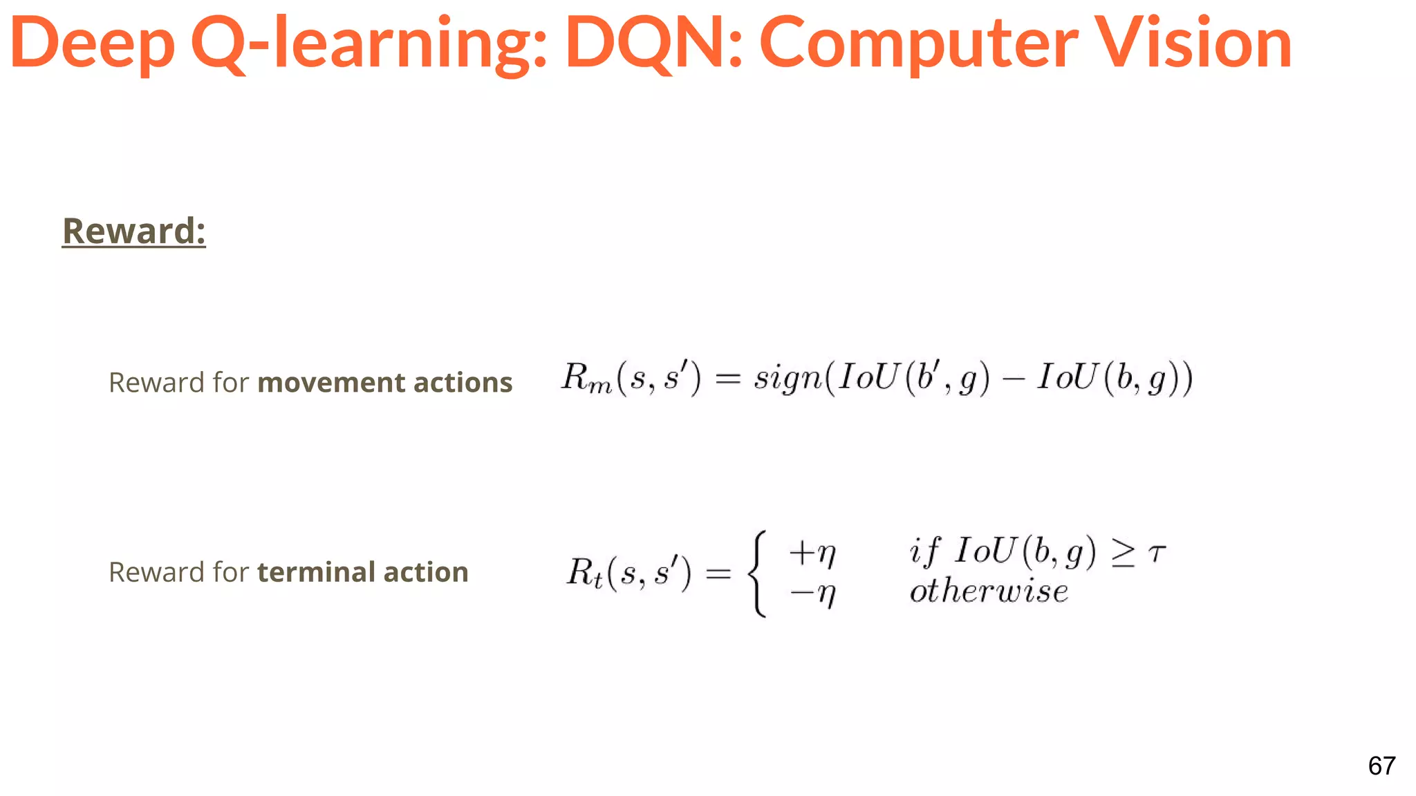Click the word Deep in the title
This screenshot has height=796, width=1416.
(x=92, y=43)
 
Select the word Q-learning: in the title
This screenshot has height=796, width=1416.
(x=369, y=43)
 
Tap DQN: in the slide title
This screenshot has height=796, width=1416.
(x=653, y=43)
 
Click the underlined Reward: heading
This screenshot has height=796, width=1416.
(x=134, y=231)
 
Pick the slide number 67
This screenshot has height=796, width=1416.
(x=1381, y=766)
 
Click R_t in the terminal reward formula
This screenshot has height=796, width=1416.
(x=584, y=572)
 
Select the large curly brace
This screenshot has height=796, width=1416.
(x=758, y=573)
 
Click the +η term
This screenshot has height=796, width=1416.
(x=812, y=552)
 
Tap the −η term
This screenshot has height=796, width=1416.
(x=812, y=593)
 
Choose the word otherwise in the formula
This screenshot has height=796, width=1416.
(x=989, y=591)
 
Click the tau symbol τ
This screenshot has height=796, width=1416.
(x=1157, y=552)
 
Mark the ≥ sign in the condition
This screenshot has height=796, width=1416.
(x=1123, y=553)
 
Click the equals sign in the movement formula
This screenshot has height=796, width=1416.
(x=727, y=378)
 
